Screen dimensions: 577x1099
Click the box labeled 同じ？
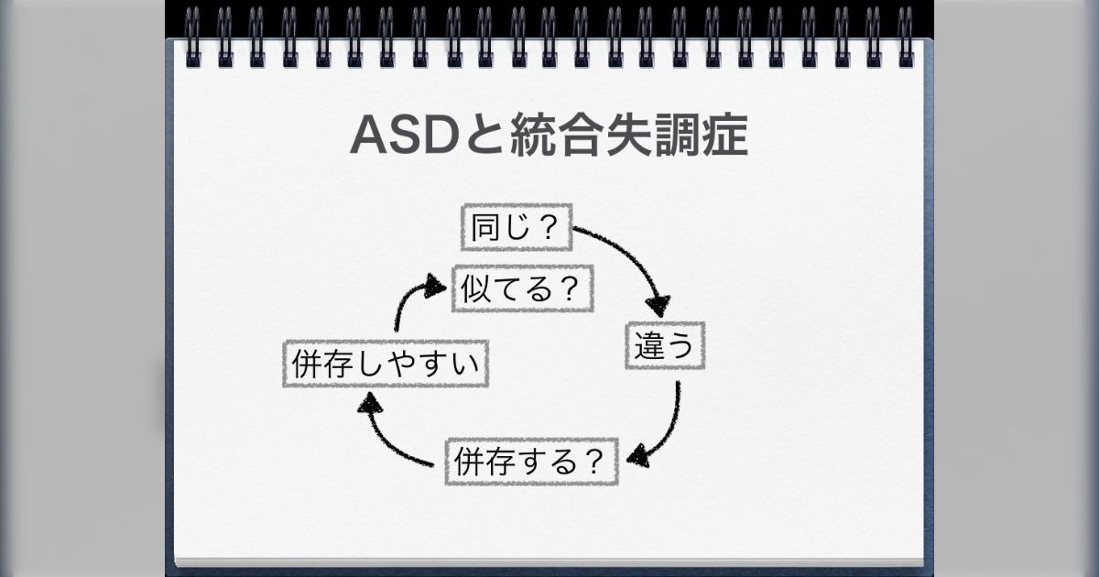(514, 228)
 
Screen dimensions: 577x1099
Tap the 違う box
(666, 345)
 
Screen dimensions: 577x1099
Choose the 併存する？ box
(531, 462)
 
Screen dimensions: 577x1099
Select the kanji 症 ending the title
(724, 136)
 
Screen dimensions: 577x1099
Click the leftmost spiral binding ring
(191, 37)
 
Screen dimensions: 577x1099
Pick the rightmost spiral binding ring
(906, 37)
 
